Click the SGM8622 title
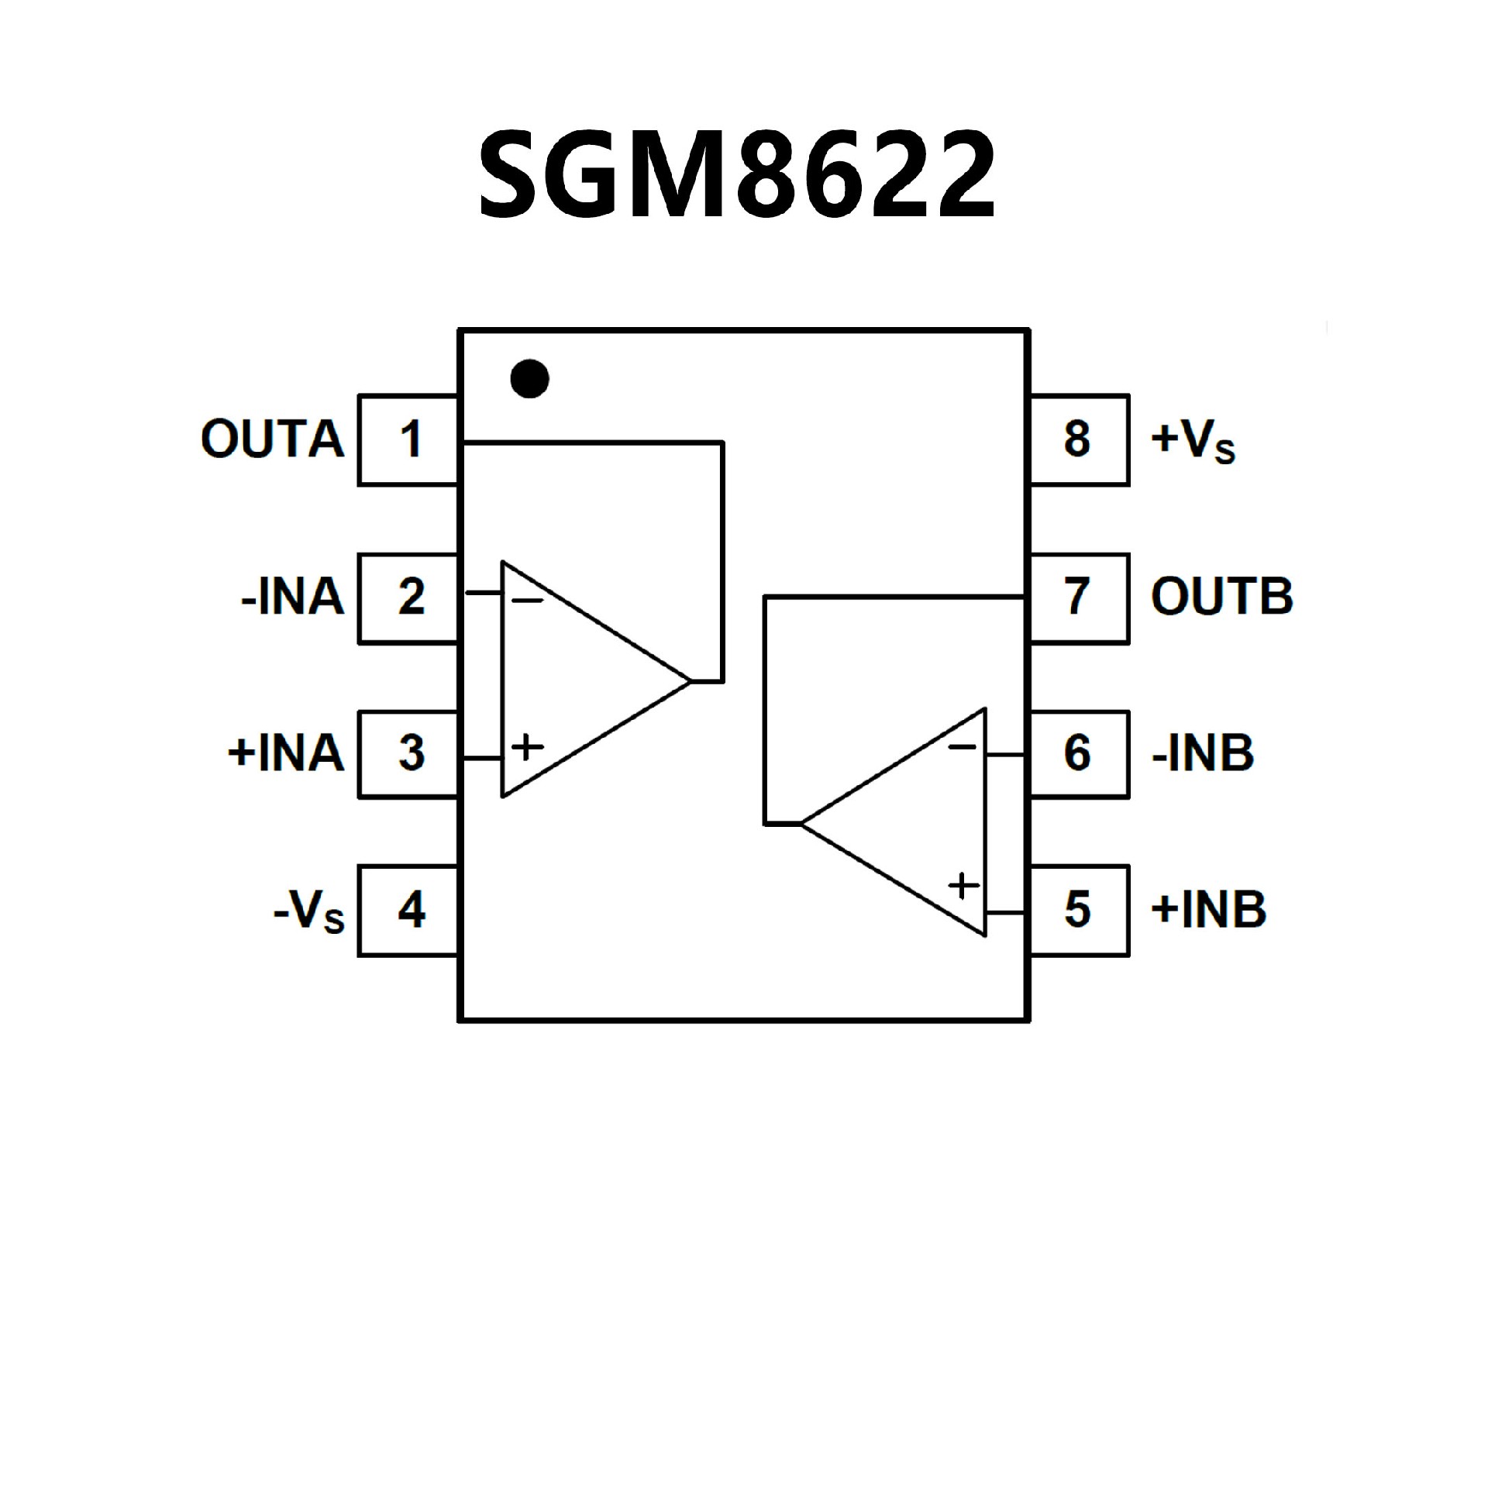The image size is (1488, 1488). point(736,174)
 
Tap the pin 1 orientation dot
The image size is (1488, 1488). point(530,379)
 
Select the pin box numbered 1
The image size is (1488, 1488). point(408,440)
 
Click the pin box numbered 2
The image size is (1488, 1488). point(408,598)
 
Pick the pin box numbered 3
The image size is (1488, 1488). point(408,754)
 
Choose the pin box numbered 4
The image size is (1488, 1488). point(408,911)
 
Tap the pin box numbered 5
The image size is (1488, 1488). point(1079,911)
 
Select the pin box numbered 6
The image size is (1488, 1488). point(1079,753)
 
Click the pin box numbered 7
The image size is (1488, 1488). point(1079,598)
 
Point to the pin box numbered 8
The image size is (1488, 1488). point(1079,440)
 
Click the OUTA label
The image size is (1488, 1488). point(272,439)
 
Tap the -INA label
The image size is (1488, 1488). point(293,598)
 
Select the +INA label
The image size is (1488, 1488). point(286,753)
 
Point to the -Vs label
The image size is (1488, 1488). point(308,911)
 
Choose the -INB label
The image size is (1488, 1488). point(1203,753)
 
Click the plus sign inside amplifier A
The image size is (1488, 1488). point(528,747)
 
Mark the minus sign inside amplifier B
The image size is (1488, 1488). point(963,747)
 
